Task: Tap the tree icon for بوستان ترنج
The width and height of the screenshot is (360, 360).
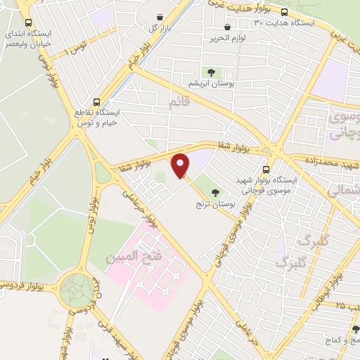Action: click(215, 192)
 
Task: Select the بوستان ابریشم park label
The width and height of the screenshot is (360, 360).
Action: click(210, 84)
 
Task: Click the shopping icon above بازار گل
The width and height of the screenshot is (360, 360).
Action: click(160, 17)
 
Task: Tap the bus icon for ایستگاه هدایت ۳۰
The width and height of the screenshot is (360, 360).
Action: click(284, 12)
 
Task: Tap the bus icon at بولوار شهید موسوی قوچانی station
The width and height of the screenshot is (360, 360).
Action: click(266, 169)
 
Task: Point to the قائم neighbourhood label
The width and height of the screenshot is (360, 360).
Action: click(179, 104)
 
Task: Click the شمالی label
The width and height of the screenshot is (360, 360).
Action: click(345, 190)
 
